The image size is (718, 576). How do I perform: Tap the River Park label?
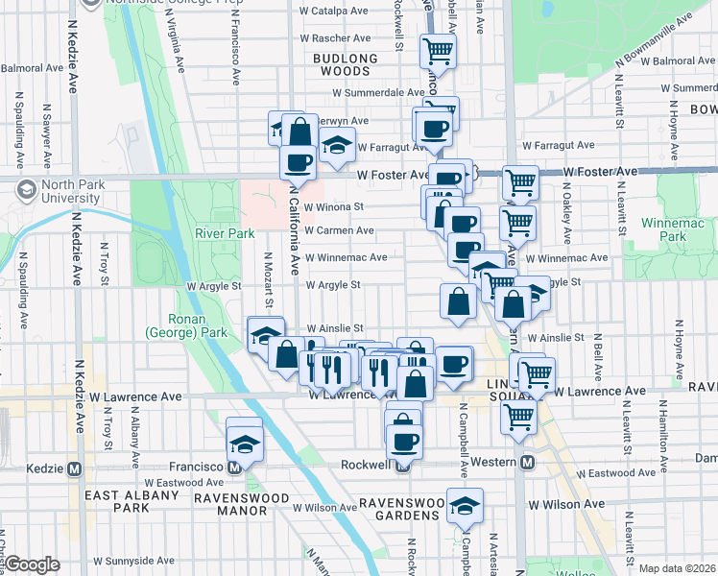click(225, 233)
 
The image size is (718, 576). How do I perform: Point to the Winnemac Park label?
click(663, 229)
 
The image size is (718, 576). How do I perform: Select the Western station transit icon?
click(527, 463)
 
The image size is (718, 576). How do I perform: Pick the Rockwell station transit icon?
click(403, 465)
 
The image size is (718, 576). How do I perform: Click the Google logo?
click(33, 564)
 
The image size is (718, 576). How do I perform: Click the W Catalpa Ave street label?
click(334, 12)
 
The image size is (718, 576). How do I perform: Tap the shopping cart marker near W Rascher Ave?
click(439, 49)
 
